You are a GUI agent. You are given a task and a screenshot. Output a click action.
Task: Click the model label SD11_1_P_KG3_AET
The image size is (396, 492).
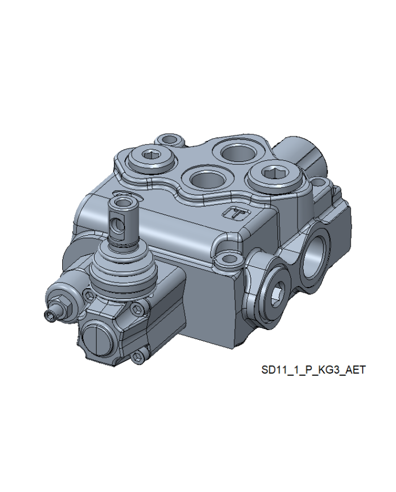pos(313,370)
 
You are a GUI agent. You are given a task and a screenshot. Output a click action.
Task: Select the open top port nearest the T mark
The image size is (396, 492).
pos(207,179)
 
